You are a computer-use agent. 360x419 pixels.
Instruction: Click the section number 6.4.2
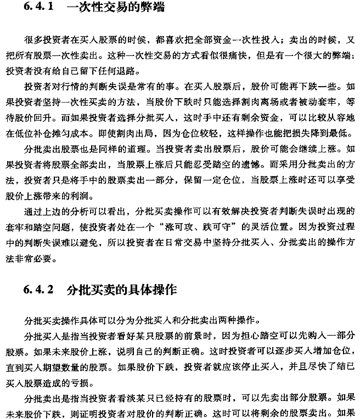(x=36, y=288)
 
